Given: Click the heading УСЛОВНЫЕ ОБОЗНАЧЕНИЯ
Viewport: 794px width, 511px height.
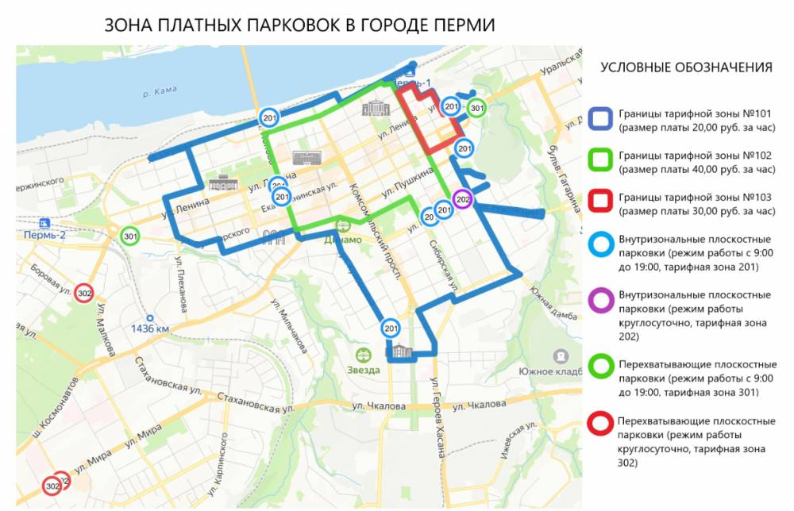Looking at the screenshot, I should (686, 67).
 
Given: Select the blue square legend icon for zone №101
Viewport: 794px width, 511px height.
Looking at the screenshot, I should (600, 119).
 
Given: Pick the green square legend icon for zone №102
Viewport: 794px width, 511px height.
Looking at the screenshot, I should (600, 161).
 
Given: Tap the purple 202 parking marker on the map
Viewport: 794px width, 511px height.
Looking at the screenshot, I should (462, 199).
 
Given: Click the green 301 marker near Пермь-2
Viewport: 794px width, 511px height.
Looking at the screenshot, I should (130, 236).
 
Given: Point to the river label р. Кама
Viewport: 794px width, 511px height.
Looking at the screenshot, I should (158, 94).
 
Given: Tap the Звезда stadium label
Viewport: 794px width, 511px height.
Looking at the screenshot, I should (363, 370).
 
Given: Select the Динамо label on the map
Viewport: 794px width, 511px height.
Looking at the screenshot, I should (343, 240).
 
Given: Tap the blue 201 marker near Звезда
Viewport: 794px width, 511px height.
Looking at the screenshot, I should (391, 328).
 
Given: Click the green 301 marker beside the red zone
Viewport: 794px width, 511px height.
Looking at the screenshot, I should (476, 108).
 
